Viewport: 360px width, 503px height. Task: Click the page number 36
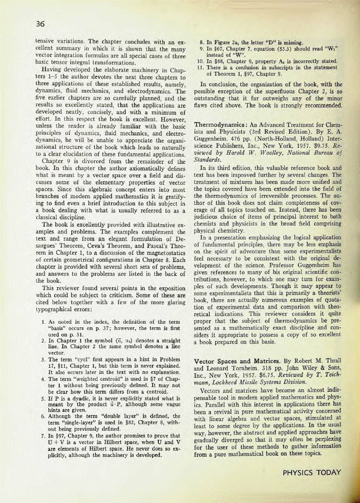[41, 24]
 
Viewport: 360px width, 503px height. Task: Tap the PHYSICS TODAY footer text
[312, 472]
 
